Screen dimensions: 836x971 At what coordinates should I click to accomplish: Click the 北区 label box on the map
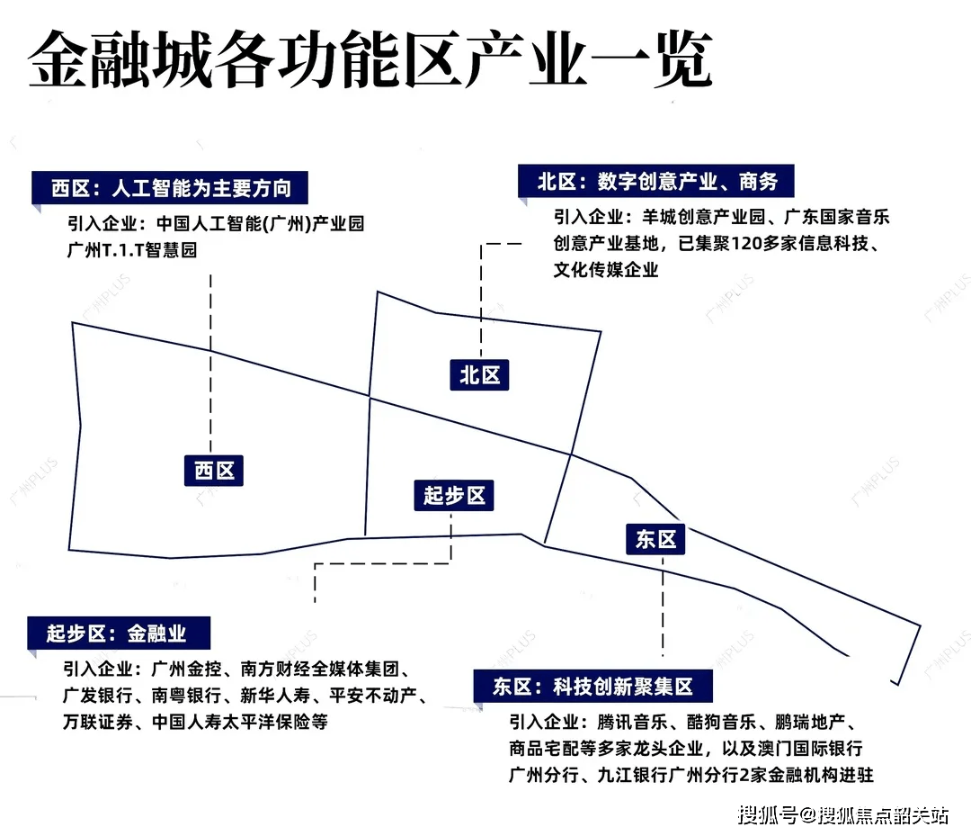point(479,374)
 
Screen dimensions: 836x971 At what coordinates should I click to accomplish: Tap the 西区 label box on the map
point(214,469)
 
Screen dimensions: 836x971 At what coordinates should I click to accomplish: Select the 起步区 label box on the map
point(454,494)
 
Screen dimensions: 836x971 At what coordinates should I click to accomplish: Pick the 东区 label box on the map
point(655,539)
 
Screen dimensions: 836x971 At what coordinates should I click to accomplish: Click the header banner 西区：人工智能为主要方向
point(170,188)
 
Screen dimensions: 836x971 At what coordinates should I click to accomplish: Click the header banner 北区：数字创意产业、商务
point(657,181)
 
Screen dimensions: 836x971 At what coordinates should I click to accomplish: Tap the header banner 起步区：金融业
point(117,633)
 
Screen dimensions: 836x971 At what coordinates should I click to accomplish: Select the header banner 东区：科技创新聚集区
point(592,687)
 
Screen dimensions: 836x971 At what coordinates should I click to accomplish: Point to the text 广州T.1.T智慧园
point(131,250)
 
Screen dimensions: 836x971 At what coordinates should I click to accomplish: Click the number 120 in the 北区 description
point(752,244)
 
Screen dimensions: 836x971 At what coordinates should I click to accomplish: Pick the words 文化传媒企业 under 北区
point(606,269)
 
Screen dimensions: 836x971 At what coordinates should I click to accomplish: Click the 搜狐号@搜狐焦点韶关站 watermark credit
point(843,815)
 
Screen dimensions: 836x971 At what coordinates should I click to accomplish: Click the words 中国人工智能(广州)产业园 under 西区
point(261,224)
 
